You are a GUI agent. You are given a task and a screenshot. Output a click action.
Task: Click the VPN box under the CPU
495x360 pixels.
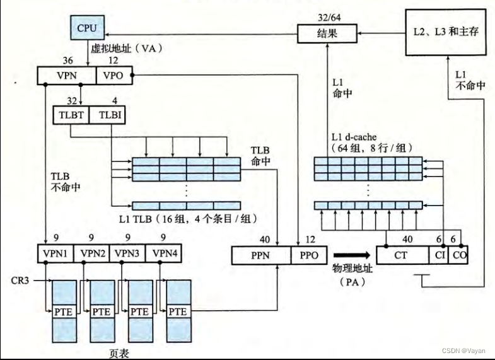point(66,76)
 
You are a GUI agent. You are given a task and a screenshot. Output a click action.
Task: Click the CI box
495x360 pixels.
point(439,255)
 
